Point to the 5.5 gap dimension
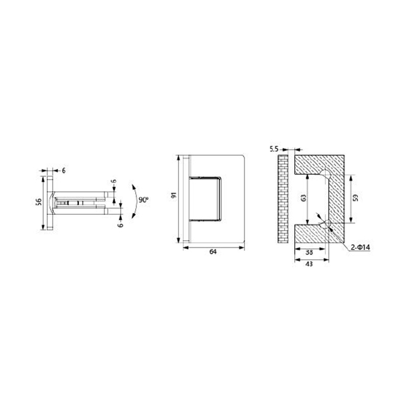pyautogui.click(x=273, y=149)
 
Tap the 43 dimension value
pyautogui.click(x=309, y=264)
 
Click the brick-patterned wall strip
pyautogui.click(x=282, y=198)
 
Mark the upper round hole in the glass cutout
pyautogui.click(x=325, y=173)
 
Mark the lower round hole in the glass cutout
pyautogui.click(x=325, y=223)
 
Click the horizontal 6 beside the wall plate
pyautogui.click(x=64, y=171)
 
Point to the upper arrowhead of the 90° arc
pyautogui.click(x=134, y=185)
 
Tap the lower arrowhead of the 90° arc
pyautogui.click(x=134, y=216)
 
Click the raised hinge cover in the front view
pyautogui.click(x=205, y=199)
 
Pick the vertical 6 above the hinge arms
pyautogui.click(x=114, y=181)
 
